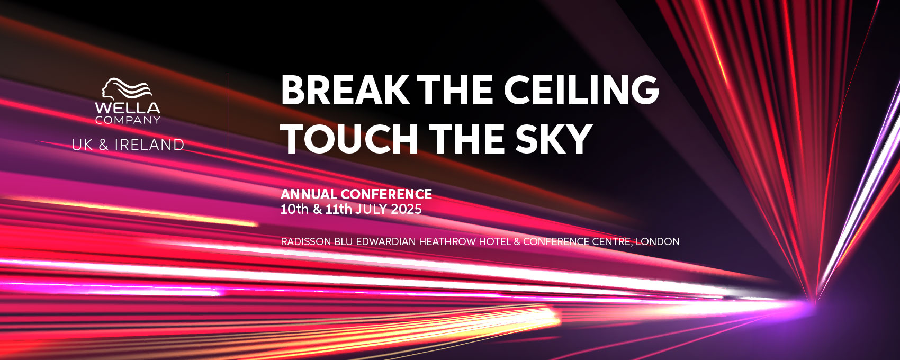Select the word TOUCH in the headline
(349, 139)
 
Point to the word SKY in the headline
(553, 139)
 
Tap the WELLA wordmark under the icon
(128, 108)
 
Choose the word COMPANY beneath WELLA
(128, 120)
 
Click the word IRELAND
(149, 145)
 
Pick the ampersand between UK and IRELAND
(104, 145)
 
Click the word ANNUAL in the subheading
(309, 194)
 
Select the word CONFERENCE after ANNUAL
(386, 194)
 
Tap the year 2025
(406, 209)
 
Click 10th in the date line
(294, 209)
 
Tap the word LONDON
(658, 241)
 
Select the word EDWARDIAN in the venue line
(386, 241)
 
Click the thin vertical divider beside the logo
(228, 114)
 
